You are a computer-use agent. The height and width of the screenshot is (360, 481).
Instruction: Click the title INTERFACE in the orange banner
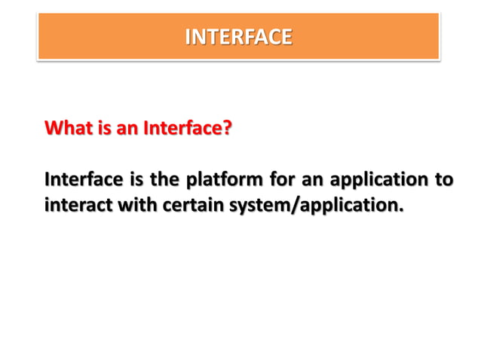coord(238,37)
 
